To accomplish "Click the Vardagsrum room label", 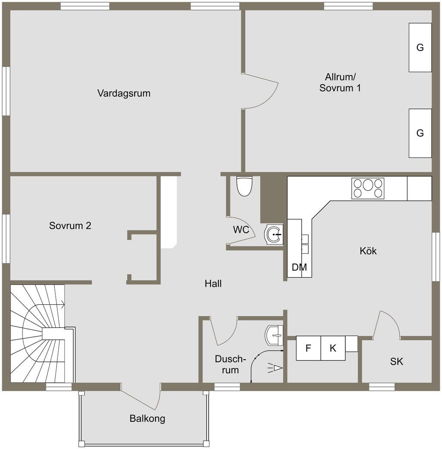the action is [x=124, y=93].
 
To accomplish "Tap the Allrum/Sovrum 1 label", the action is [x=340, y=82].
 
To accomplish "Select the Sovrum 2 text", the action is [x=70, y=226].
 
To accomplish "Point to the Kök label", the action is [x=368, y=251].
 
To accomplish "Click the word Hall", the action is [x=213, y=284].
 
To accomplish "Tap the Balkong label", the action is [x=148, y=419].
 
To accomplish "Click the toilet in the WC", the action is [x=244, y=186].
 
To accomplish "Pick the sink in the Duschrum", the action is [x=274, y=335].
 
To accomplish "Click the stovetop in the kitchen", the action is [x=368, y=189].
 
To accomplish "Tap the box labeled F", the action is [x=308, y=348].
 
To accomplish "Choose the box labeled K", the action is [x=333, y=348].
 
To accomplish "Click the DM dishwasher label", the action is [x=299, y=267].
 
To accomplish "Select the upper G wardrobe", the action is [x=420, y=47].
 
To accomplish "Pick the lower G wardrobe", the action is [x=420, y=133].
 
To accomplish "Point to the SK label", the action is [x=397, y=361].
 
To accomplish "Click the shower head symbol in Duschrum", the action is [x=275, y=368].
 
